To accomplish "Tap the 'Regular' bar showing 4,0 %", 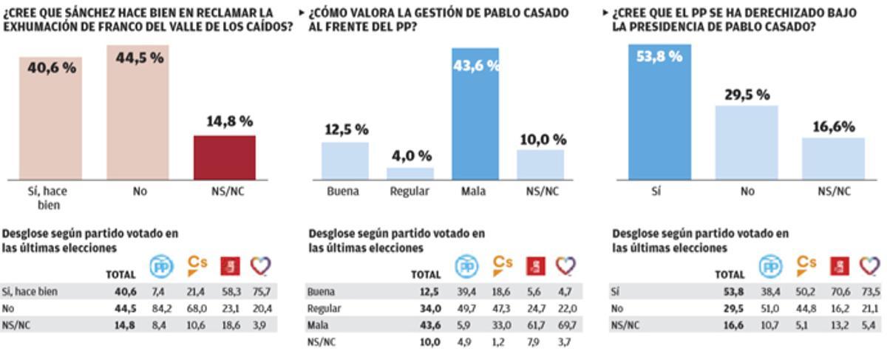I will pyautogui.click(x=409, y=174).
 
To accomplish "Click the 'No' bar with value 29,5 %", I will pyautogui.click(x=747, y=142).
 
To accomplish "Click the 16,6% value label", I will pyautogui.click(x=833, y=126).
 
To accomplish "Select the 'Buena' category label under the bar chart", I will pyautogui.click(x=342, y=191).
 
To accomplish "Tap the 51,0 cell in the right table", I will pyautogui.click(x=771, y=308).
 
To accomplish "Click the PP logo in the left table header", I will pyautogui.click(x=161, y=265).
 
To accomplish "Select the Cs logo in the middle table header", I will pyautogui.click(x=503, y=265).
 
